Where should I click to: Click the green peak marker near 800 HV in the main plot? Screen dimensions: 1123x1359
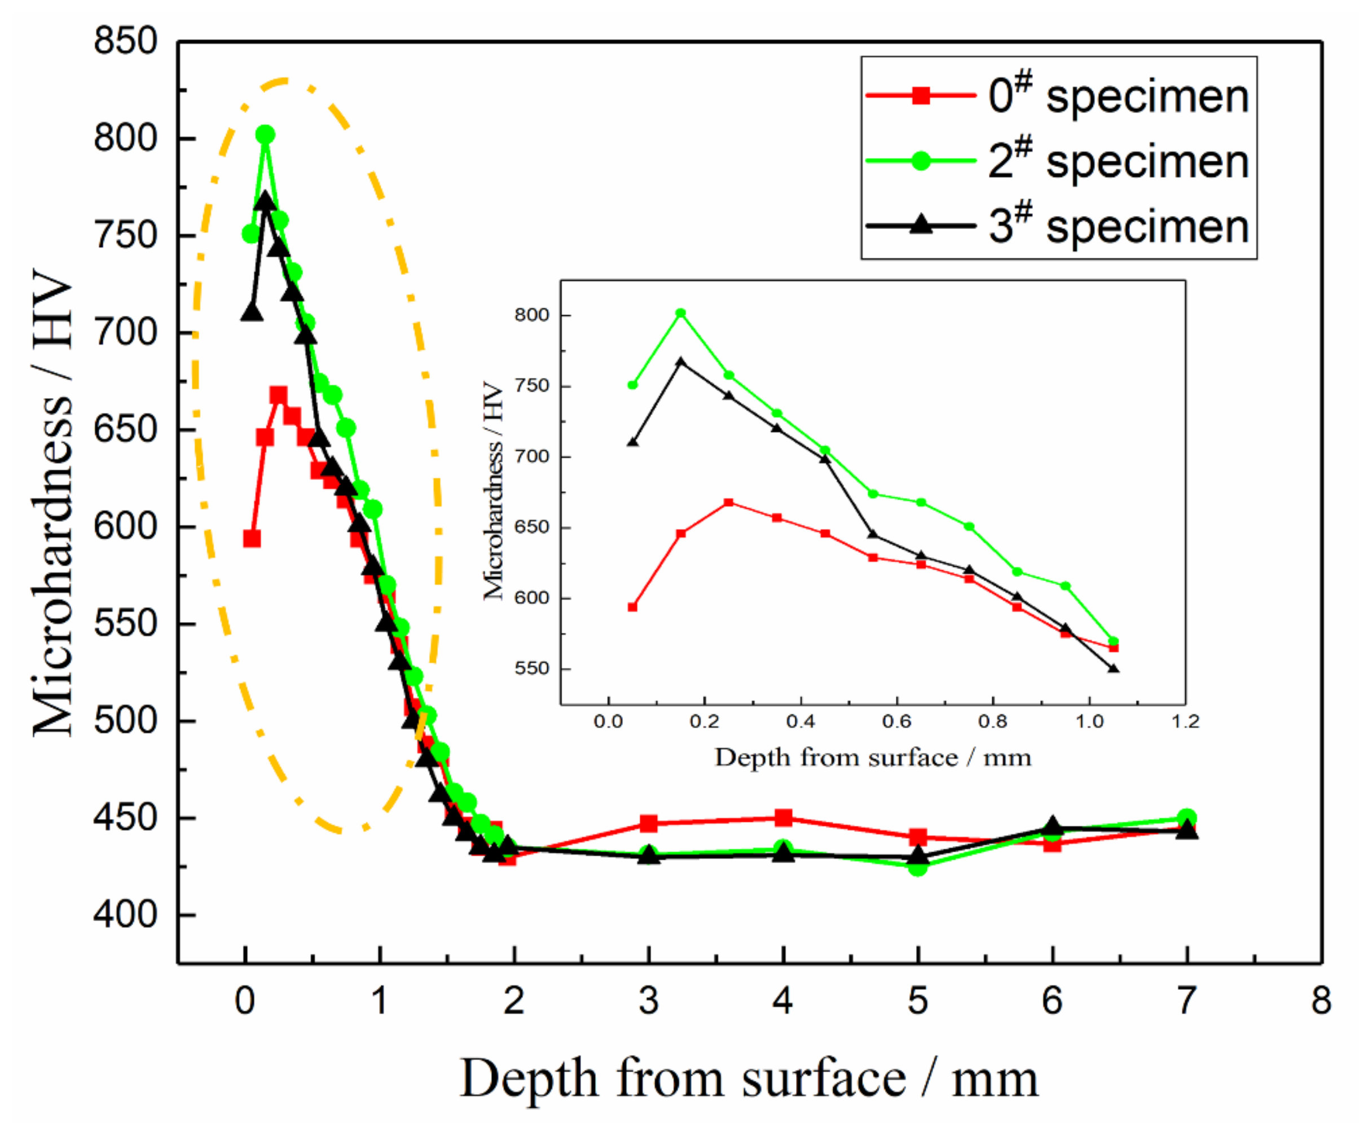click(x=265, y=135)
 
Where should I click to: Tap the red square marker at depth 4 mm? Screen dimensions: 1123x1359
click(x=784, y=818)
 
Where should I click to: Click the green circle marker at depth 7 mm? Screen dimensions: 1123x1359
click(x=1186, y=818)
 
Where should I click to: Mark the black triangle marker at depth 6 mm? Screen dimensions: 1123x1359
click(x=1053, y=827)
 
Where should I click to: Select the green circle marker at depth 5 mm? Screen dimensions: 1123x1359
click(x=917, y=866)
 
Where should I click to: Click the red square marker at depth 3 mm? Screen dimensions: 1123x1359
click(x=649, y=823)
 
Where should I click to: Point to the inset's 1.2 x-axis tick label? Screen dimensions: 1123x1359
click(x=1185, y=721)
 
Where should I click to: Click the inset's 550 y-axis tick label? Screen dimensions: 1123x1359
click(x=531, y=668)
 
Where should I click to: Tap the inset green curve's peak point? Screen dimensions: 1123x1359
click(x=680, y=313)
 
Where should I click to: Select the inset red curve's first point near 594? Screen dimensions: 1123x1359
click(x=632, y=607)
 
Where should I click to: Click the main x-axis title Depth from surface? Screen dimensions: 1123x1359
click(x=749, y=1078)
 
